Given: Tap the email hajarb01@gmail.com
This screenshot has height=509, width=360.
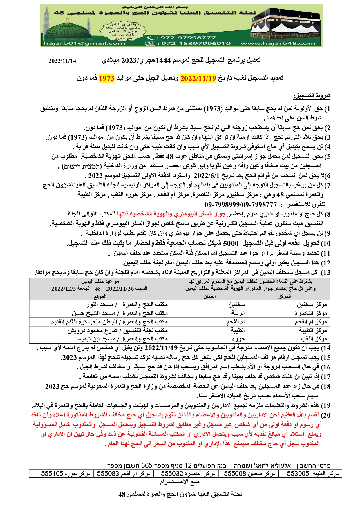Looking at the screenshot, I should (84, 44).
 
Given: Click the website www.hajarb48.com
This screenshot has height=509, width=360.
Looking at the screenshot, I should (278, 44).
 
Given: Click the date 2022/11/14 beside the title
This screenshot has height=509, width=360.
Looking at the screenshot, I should (62, 61).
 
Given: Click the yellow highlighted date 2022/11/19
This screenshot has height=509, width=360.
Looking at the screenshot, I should (198, 78).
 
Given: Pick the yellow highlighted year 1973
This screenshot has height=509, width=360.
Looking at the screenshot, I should (106, 78).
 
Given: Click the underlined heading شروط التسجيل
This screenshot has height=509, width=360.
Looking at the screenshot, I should (312, 96).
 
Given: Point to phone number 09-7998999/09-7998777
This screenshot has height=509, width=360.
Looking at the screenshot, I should (240, 205).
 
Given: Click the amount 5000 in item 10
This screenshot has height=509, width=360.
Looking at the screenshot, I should (231, 243).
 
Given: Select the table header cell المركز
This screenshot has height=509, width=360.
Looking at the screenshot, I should (284, 296).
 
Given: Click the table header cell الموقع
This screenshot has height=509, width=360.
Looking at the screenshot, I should (100, 296).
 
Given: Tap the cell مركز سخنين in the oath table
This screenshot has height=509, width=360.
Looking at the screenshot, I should (312, 305).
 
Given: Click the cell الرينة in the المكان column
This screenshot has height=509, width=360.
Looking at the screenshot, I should (238, 313).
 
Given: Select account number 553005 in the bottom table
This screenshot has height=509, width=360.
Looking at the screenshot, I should (298, 474).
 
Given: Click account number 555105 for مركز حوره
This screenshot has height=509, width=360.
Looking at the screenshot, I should (52, 474).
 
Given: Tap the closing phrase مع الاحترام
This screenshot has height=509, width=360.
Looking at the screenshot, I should (180, 482).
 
